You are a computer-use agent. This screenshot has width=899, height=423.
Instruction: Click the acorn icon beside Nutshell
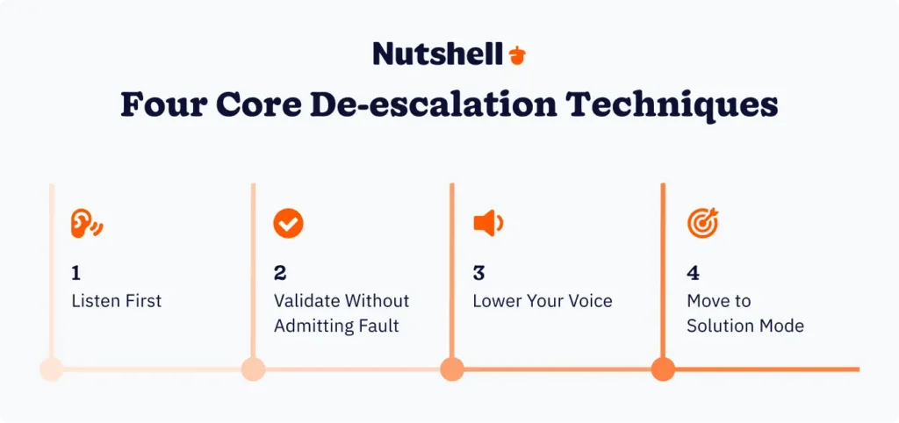(517, 55)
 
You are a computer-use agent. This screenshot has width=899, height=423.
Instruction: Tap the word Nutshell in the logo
(437, 54)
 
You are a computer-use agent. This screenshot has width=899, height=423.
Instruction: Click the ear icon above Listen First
(86, 224)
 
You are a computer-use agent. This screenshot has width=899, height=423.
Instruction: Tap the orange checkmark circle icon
(288, 224)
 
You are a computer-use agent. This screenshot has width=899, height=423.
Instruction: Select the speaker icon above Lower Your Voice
(487, 224)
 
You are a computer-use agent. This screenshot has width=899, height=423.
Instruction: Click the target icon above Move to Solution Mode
(702, 224)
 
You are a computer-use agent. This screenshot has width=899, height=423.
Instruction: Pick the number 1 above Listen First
(76, 273)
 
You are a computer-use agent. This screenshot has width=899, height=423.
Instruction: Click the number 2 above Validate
(280, 273)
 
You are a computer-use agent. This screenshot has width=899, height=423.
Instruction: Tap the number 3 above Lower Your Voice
(479, 273)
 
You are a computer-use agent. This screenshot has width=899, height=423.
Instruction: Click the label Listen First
(117, 301)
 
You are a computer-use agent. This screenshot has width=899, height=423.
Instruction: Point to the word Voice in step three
(588, 301)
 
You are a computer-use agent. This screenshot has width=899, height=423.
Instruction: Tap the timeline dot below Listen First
(52, 369)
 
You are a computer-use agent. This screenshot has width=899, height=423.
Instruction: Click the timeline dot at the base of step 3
(452, 369)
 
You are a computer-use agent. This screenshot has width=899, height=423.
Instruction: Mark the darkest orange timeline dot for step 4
(663, 369)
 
